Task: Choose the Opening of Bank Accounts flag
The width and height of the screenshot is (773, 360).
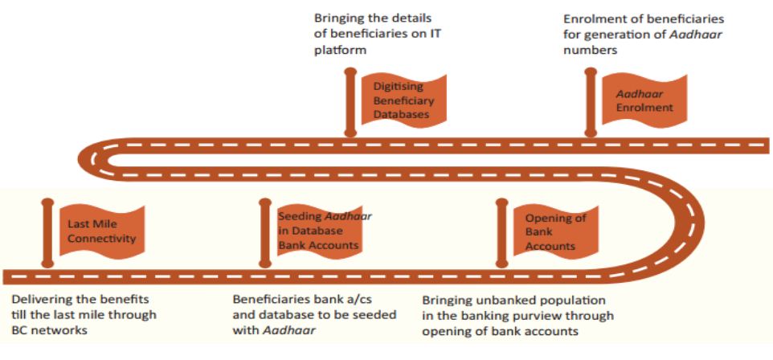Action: pos(554,231)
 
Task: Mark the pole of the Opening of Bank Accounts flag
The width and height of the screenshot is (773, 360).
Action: pos(501,233)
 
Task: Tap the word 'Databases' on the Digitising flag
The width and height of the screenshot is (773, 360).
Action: pos(402,116)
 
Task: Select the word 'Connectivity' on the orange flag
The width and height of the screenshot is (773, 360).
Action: pos(102,239)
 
